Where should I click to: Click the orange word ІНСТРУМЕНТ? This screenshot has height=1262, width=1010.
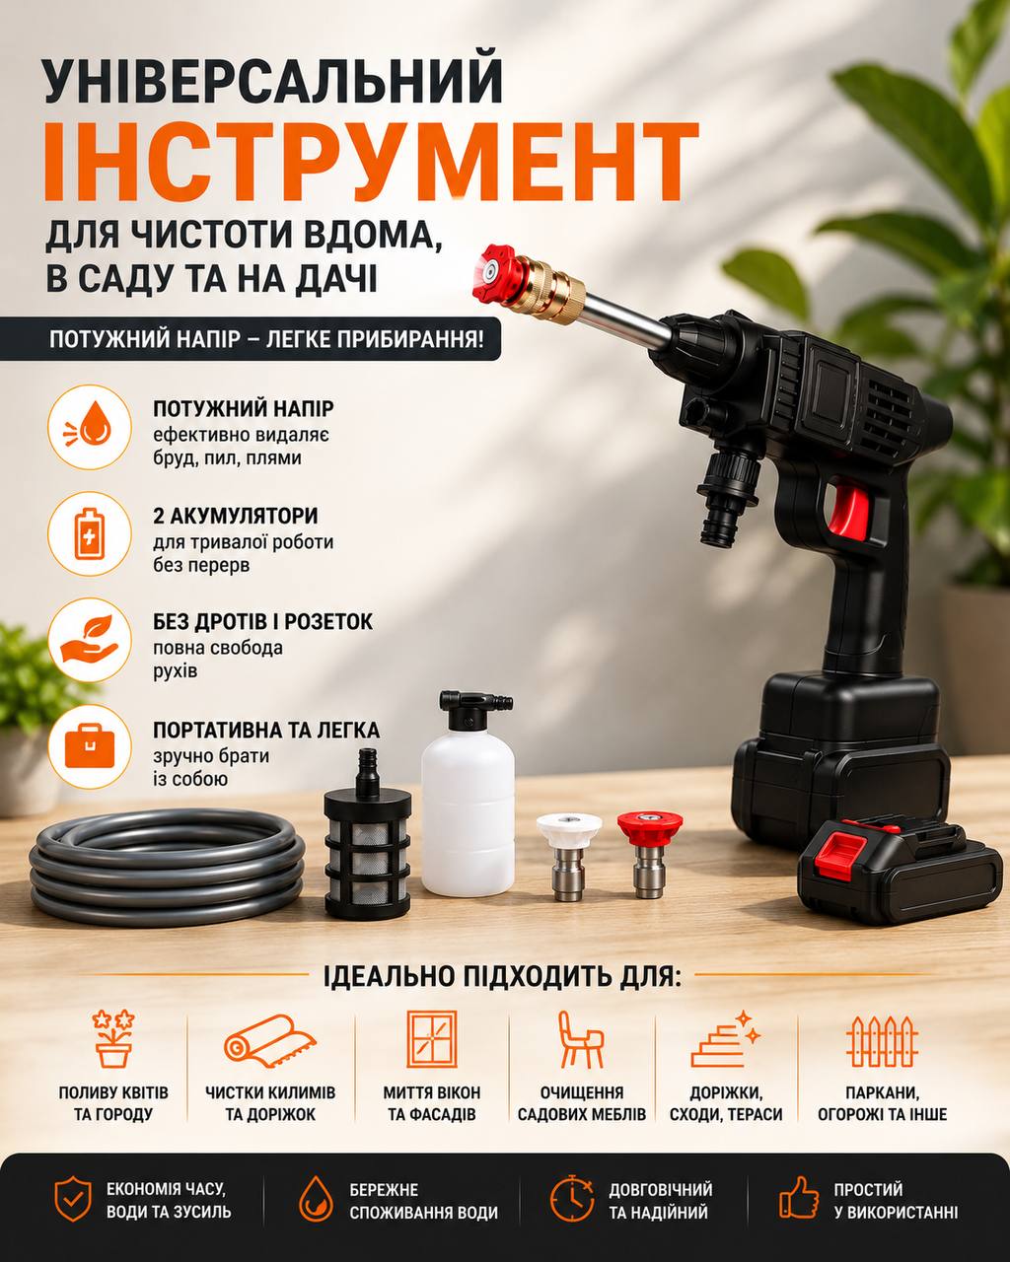click(x=371, y=163)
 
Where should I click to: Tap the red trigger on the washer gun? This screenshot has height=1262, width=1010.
click(x=848, y=510)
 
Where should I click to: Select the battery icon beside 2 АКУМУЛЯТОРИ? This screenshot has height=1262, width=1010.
click(x=90, y=534)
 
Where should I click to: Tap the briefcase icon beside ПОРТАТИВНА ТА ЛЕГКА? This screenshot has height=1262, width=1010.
click(x=90, y=746)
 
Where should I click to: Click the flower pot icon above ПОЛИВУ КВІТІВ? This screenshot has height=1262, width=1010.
click(x=113, y=1039)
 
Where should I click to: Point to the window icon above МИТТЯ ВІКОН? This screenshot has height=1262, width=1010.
click(x=432, y=1039)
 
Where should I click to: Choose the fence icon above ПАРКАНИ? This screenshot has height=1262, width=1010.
click(x=882, y=1041)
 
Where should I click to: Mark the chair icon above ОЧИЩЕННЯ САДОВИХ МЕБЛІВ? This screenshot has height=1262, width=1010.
click(x=580, y=1040)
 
